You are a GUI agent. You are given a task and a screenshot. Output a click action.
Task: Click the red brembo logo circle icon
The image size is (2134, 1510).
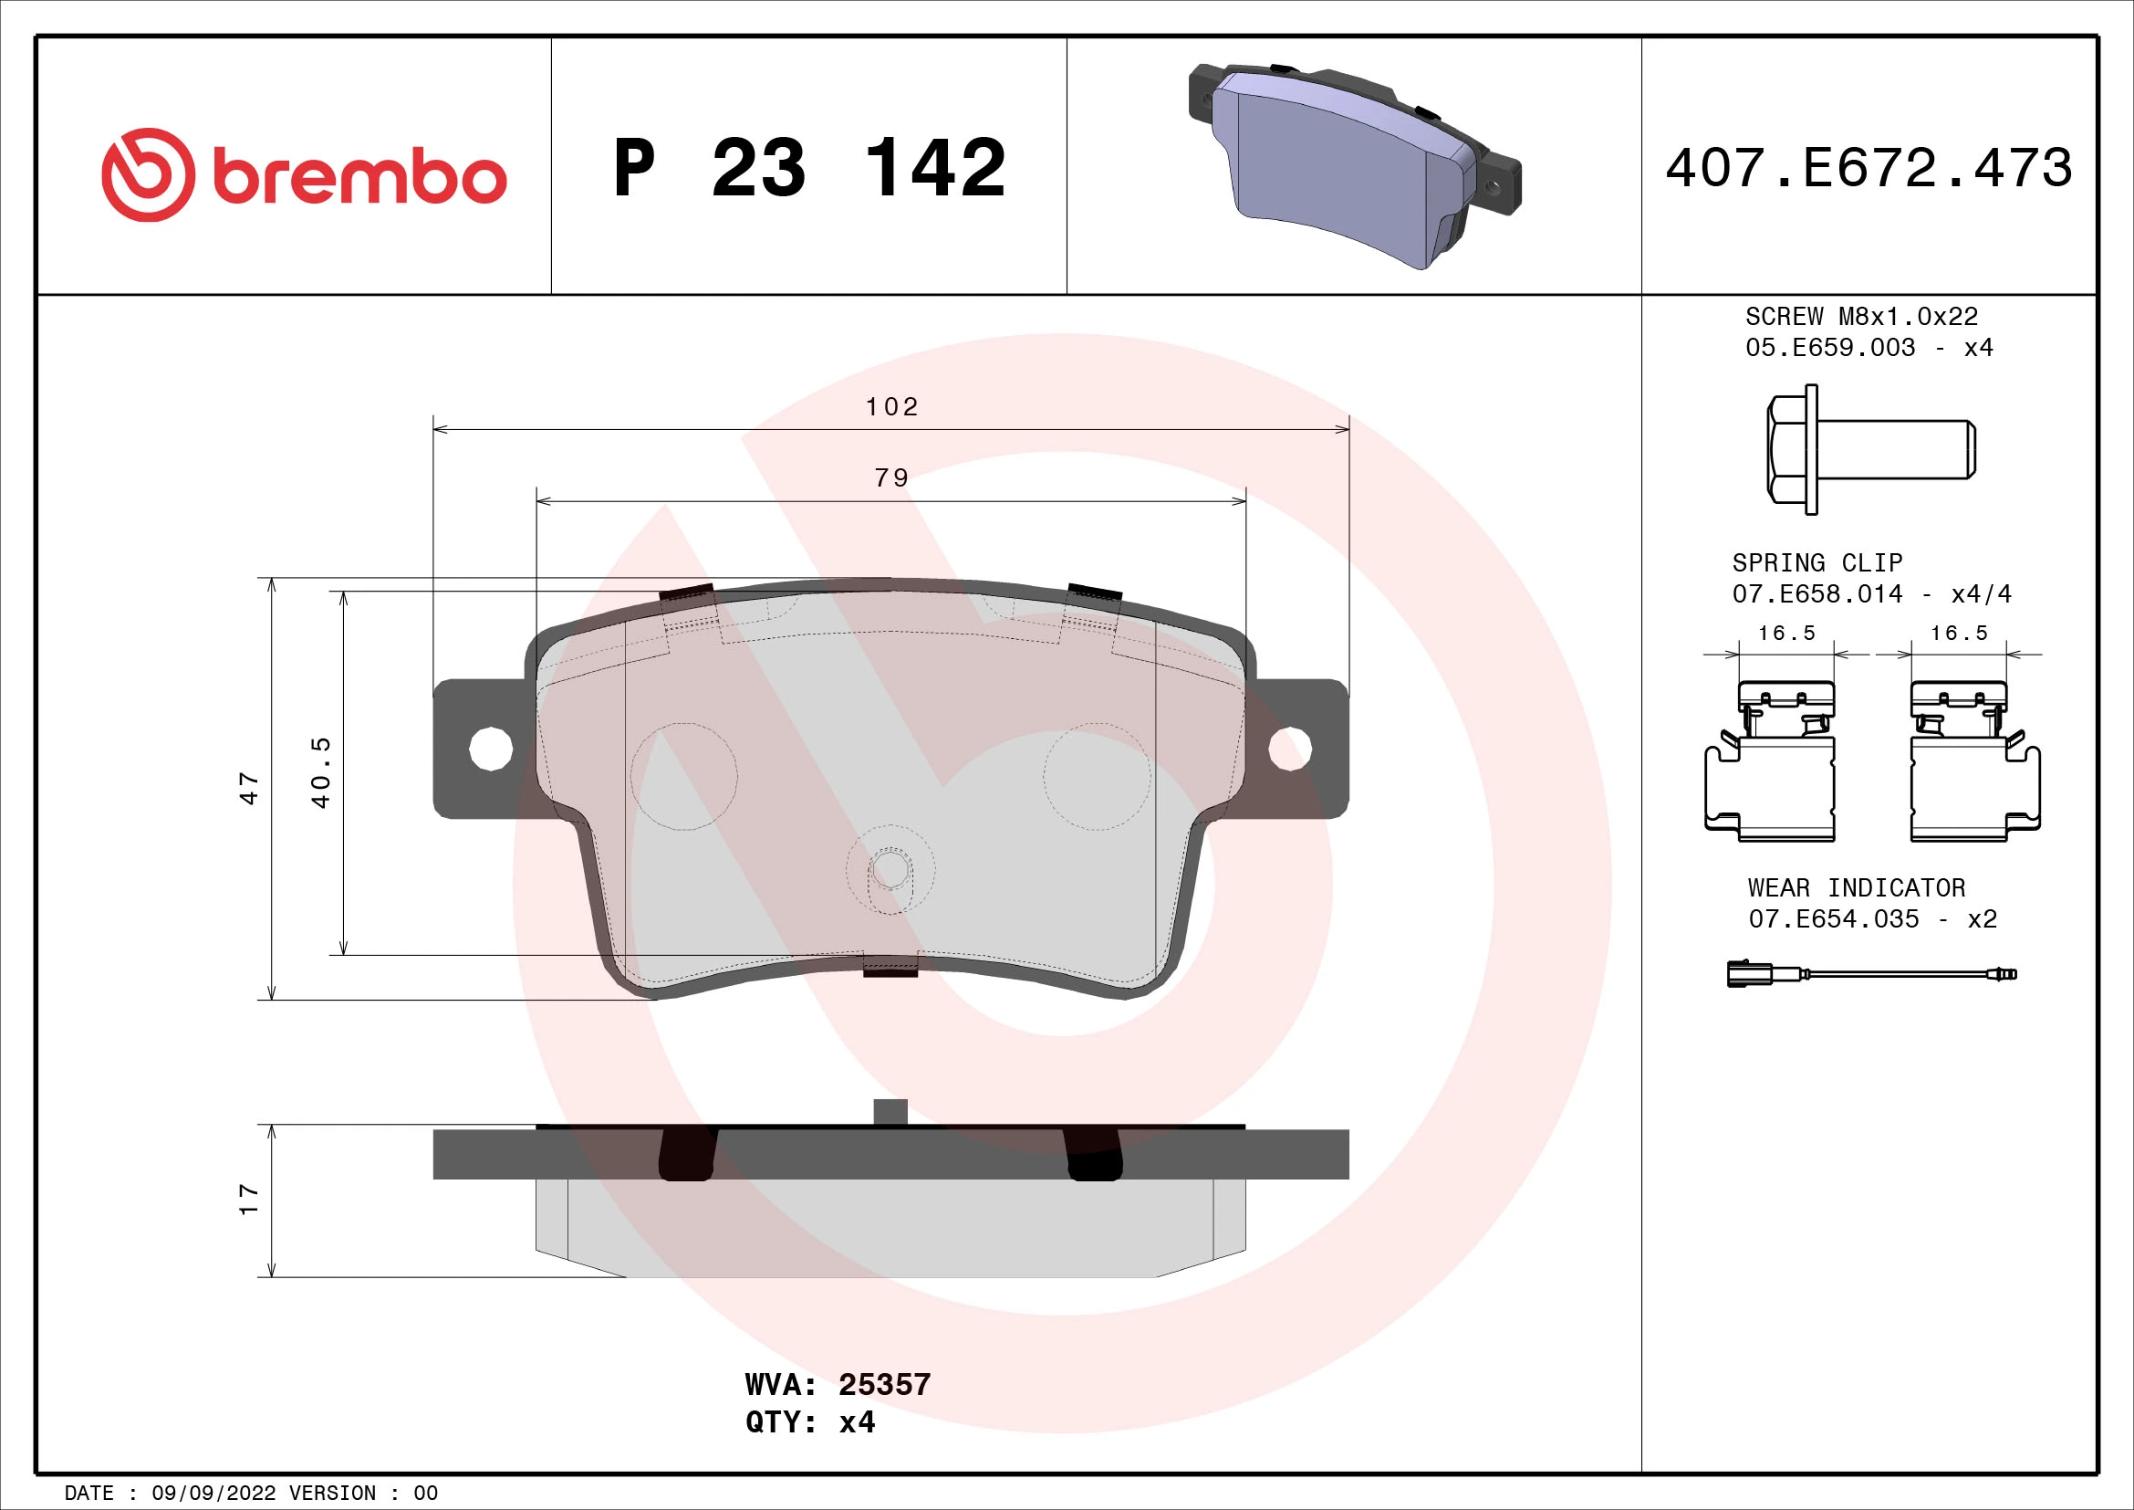149,174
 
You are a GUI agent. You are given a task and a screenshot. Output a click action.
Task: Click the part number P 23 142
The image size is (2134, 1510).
809,168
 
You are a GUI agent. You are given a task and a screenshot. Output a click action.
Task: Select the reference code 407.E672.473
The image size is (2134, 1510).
1869,168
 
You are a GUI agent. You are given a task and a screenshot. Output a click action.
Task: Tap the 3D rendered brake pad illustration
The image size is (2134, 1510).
1353,167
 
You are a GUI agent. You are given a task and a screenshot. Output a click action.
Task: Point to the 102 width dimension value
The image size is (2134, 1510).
891,407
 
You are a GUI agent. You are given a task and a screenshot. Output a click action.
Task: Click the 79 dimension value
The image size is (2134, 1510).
891,477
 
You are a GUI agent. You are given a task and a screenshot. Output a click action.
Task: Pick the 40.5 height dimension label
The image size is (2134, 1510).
320,771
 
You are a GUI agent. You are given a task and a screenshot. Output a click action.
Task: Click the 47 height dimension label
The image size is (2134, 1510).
249,788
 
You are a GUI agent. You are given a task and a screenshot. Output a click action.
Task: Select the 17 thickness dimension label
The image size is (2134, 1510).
249,1199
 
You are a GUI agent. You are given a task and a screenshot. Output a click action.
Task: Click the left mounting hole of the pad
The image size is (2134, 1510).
491,749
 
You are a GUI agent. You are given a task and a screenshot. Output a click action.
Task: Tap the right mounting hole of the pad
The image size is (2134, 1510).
1290,749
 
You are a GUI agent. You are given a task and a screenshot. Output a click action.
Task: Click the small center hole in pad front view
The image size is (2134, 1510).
890,870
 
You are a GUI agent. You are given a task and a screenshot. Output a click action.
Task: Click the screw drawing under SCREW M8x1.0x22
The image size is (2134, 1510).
1870,449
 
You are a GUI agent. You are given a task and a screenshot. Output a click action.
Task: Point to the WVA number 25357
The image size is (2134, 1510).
884,1385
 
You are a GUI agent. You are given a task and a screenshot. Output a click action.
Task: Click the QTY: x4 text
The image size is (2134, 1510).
809,1422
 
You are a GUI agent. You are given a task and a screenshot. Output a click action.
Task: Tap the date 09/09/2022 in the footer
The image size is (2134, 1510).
213,1494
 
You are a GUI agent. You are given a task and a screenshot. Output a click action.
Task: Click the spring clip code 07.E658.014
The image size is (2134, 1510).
1817,594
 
